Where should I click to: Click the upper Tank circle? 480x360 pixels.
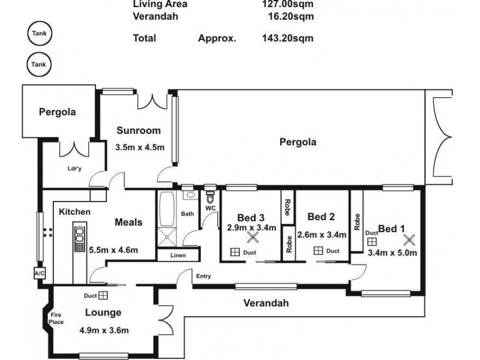40,34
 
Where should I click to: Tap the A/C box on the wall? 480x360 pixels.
40,274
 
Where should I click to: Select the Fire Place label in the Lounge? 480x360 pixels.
56,319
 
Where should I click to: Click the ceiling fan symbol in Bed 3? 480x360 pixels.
253,237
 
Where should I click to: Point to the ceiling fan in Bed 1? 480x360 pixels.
409,239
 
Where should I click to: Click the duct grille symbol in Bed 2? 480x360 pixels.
319,251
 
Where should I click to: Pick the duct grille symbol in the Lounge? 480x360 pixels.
103,295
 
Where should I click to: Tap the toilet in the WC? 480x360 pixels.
211,197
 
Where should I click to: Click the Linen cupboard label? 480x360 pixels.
178,256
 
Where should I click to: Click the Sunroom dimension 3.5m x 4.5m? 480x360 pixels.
140,147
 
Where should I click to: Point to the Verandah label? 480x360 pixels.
266,303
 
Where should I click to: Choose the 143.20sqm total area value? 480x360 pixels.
288,38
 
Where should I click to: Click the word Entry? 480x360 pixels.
203,276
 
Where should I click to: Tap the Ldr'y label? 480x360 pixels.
74,169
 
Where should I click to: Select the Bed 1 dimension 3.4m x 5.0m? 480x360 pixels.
392,253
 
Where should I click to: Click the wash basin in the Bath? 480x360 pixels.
190,195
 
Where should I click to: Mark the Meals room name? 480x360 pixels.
128,222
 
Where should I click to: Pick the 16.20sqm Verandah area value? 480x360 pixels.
291,16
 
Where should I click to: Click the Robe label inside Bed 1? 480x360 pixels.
357,221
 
